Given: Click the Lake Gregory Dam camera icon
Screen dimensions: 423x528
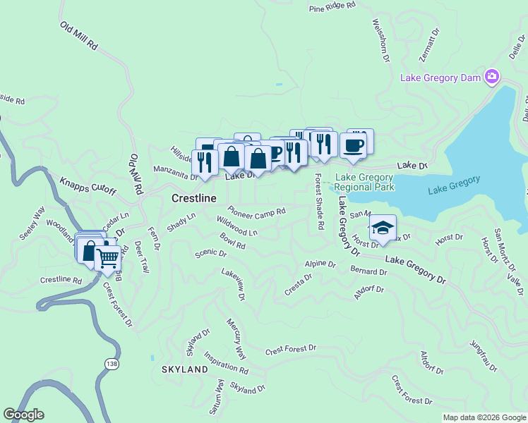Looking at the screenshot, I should pyautogui.click(x=492, y=77).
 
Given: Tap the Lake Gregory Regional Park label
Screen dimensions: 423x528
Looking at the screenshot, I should pyautogui.click(x=364, y=183).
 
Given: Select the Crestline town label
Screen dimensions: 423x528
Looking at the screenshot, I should pyautogui.click(x=193, y=199).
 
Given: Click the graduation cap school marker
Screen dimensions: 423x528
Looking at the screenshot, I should pyautogui.click(x=382, y=228).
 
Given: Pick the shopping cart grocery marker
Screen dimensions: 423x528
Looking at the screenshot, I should pyautogui.click(x=107, y=257).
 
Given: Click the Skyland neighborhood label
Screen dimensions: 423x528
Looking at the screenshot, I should pyautogui.click(x=184, y=369).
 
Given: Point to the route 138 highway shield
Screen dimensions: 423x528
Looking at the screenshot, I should pyautogui.click(x=111, y=363).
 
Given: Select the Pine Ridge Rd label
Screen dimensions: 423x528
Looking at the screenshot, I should pyautogui.click(x=332, y=9).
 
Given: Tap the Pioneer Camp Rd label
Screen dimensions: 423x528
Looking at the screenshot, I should pyautogui.click(x=256, y=211).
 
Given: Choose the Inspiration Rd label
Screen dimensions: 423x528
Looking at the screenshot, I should pyautogui.click(x=226, y=363).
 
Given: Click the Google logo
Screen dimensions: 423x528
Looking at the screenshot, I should pyautogui.click(x=23, y=415).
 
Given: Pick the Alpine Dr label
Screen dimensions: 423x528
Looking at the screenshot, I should pyautogui.click(x=320, y=264).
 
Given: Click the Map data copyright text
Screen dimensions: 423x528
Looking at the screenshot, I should pyautogui.click(x=484, y=417).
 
